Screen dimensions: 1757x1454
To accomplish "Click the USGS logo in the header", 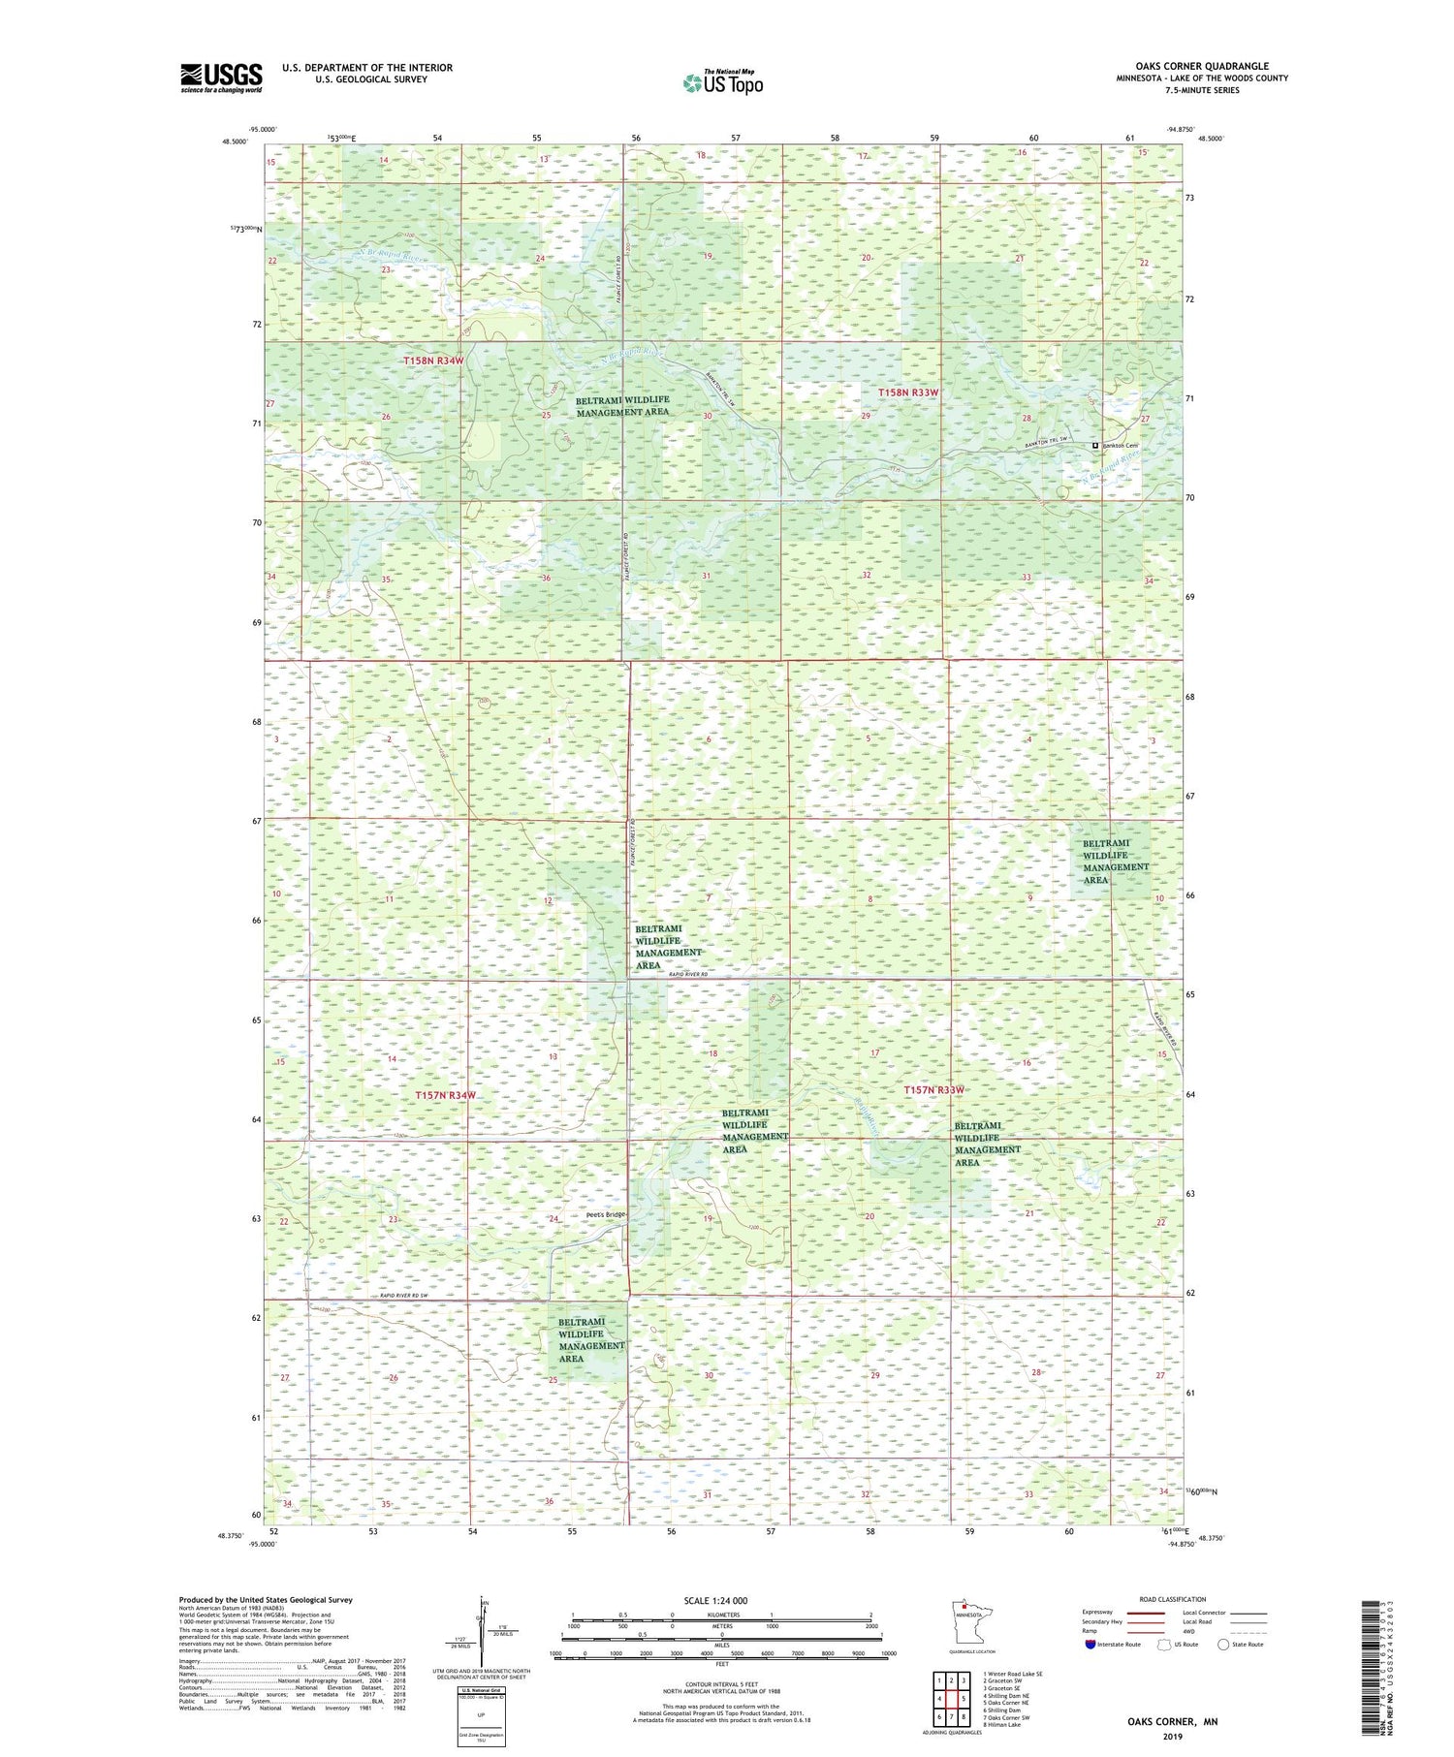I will pyautogui.click(x=221, y=78).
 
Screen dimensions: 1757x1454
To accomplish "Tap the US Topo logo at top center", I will pyautogui.click(x=722, y=83).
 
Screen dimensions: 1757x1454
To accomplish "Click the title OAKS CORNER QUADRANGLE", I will pyautogui.click(x=1202, y=66).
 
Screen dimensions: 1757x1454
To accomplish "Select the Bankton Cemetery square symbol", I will pyautogui.click(x=1095, y=446).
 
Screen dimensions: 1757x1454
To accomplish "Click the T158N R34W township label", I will pyautogui.click(x=433, y=361).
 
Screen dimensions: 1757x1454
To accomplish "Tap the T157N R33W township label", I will pyautogui.click(x=933, y=1090).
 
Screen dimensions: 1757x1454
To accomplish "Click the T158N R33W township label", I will pyautogui.click(x=908, y=392).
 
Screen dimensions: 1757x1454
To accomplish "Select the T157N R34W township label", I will pyautogui.click(x=445, y=1095).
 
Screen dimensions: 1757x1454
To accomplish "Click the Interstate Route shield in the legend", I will pyautogui.click(x=1090, y=1645).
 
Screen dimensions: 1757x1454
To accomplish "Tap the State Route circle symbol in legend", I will pyautogui.click(x=1223, y=1645).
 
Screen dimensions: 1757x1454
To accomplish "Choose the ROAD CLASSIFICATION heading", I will pyautogui.click(x=1173, y=1599).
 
